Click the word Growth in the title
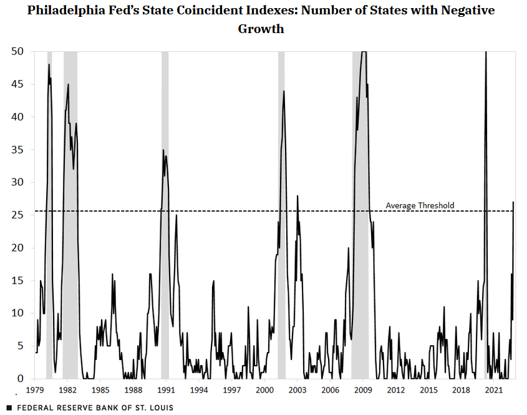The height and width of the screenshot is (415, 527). [261, 29]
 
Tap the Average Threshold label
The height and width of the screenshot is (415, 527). [420, 205]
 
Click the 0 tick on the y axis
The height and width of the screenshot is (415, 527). [21, 379]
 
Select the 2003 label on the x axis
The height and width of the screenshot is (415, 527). [297, 391]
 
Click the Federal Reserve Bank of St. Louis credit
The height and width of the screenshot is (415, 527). [94, 408]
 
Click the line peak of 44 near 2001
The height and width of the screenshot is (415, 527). [284, 91]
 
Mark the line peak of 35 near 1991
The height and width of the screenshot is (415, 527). [163, 150]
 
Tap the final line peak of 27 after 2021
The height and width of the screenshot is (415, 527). [513, 202]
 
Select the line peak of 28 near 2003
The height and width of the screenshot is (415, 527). [297, 196]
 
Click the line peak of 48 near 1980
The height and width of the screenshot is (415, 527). [49, 64]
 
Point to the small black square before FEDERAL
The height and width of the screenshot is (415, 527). [9, 408]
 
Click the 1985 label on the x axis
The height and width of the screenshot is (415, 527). [100, 391]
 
